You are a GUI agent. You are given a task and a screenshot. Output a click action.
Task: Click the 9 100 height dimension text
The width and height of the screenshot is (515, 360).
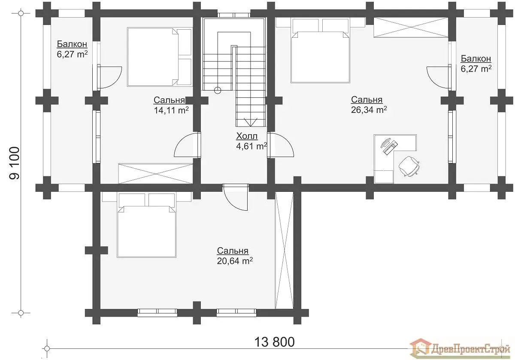click(x=15, y=163)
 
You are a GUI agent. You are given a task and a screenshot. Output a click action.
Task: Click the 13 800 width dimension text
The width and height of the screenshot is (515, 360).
click(x=274, y=342)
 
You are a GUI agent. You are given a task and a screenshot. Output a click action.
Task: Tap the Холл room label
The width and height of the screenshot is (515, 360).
click(x=247, y=136)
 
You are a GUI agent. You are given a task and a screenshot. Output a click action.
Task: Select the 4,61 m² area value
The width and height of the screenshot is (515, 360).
click(x=251, y=146)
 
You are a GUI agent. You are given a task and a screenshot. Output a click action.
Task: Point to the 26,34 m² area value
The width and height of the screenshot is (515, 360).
click(x=369, y=110)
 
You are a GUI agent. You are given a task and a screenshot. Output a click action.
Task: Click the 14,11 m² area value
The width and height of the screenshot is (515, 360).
click(x=171, y=110)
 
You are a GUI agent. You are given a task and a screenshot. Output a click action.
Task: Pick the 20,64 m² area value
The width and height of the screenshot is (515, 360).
click(x=235, y=261)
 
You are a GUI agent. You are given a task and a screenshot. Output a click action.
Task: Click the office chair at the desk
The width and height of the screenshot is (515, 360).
click(x=409, y=166)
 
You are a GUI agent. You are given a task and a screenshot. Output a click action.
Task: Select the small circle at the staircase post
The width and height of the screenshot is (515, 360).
click(x=217, y=91)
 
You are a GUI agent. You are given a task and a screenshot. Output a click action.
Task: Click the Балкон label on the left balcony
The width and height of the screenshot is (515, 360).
click(x=72, y=44)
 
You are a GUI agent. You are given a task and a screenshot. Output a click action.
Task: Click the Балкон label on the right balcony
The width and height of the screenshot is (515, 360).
click(x=476, y=59)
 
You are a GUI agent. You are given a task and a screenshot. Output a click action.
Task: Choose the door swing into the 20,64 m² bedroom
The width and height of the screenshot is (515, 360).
click(x=235, y=197)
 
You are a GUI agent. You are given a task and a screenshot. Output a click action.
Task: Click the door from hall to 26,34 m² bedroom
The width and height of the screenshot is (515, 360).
click(x=280, y=145)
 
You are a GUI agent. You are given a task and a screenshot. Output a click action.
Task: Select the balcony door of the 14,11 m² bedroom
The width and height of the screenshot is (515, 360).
click(x=108, y=77)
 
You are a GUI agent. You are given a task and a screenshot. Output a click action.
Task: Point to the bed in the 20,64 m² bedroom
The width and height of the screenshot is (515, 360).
click(x=146, y=225)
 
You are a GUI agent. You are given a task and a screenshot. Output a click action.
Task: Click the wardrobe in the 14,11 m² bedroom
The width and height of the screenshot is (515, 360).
click(x=155, y=173)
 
